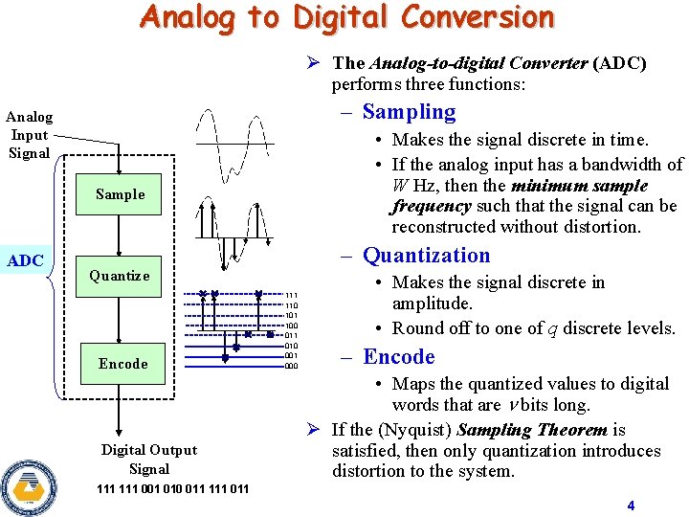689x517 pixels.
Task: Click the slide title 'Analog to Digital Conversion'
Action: (x=346, y=17)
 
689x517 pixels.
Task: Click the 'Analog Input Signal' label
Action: (x=30, y=135)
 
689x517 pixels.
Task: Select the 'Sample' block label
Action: (x=121, y=194)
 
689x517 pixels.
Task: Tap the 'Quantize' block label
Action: (x=120, y=276)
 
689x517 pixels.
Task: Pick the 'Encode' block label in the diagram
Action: (x=122, y=364)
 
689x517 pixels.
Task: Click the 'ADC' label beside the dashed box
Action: (x=25, y=261)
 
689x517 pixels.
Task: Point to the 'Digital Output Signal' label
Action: (x=149, y=460)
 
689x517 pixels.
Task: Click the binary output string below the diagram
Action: (x=173, y=489)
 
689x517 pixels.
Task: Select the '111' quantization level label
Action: (x=292, y=296)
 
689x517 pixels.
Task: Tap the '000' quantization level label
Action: (x=292, y=366)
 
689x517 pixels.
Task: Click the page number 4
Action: (x=631, y=506)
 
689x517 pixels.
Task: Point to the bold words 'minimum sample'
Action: (x=580, y=186)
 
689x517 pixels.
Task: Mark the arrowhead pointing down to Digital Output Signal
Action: (x=121, y=431)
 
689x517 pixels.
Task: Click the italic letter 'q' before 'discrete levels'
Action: (x=553, y=328)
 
